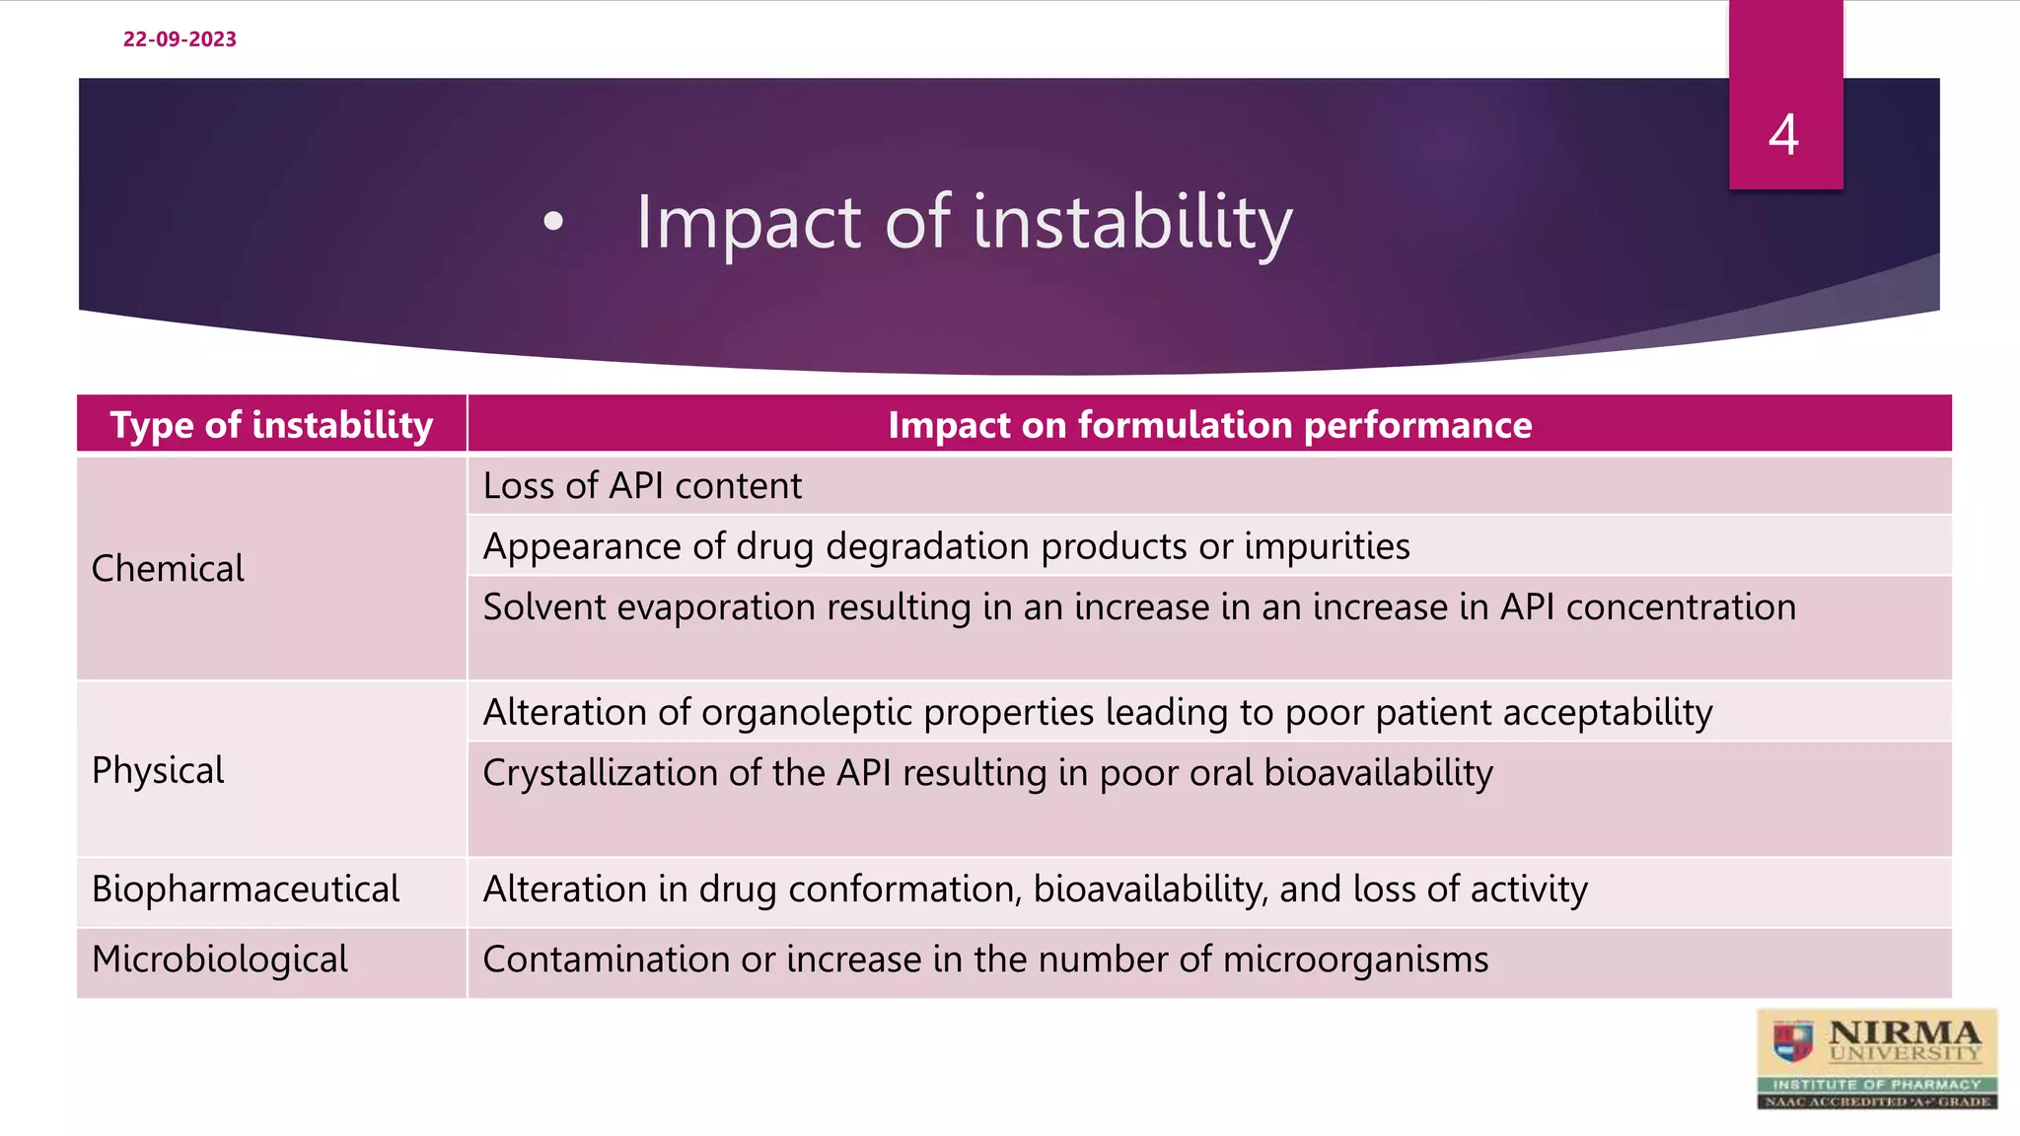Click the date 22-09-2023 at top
click(180, 39)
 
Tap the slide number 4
click(1783, 135)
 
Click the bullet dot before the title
click(553, 223)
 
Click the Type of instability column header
click(271, 425)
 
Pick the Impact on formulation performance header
click(1209, 425)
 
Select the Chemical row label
click(168, 569)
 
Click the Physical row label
click(158, 770)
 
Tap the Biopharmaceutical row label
click(246, 889)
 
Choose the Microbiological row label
click(220, 959)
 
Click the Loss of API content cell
click(642, 486)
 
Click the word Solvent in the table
click(543, 607)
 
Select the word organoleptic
click(806, 713)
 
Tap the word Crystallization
click(600, 773)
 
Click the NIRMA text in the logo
click(1903, 1032)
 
